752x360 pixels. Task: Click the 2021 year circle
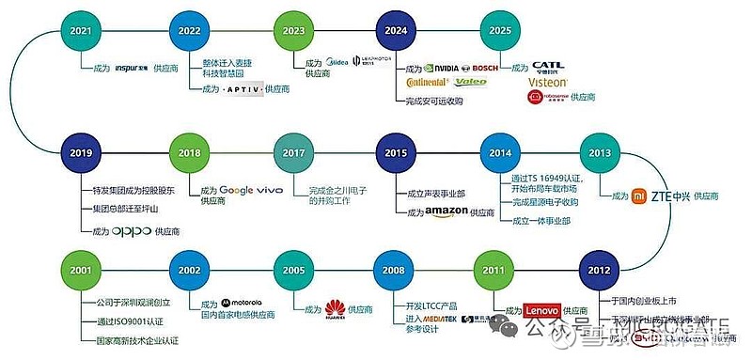coord(82,31)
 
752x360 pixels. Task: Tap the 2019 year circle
coord(82,152)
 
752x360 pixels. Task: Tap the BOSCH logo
coord(485,69)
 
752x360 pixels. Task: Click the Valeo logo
coord(473,83)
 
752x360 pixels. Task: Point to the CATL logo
coord(550,68)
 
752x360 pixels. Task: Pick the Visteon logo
coord(548,82)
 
